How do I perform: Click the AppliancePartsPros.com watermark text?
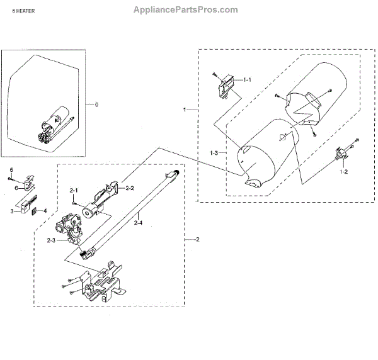click(186, 9)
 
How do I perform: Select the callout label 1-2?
click(343, 171)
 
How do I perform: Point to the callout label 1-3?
click(215, 153)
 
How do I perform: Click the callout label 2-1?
click(73, 190)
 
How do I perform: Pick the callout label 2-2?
click(130, 188)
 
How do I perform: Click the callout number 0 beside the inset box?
click(96, 103)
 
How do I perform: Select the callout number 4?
click(45, 211)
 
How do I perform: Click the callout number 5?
click(11, 170)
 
